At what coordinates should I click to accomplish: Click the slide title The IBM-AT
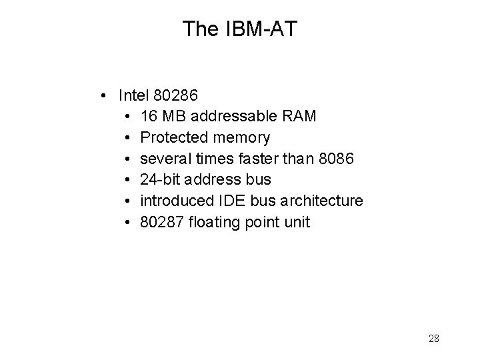click(239, 28)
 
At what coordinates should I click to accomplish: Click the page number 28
click(433, 339)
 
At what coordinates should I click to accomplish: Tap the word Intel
click(134, 96)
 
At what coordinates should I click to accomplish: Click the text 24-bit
click(161, 180)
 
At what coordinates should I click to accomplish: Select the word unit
click(297, 222)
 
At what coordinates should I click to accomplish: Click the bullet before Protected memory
click(127, 138)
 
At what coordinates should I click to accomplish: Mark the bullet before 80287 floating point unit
click(127, 222)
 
